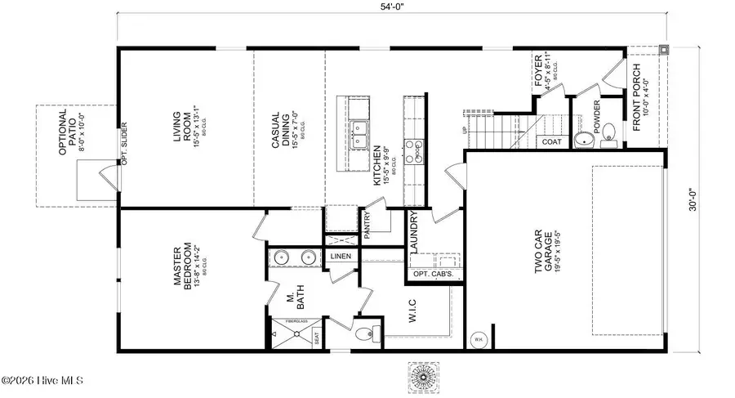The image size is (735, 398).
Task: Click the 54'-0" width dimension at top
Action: pyautogui.click(x=390, y=7)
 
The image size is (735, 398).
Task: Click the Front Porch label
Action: pyautogui.click(x=640, y=99)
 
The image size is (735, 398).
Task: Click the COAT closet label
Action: pyautogui.click(x=553, y=142)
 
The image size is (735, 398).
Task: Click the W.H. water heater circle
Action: pyautogui.click(x=477, y=338)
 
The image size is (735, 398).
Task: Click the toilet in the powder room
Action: pyautogui.click(x=583, y=141)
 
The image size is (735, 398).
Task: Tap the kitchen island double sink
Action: pyautogui.click(x=359, y=136)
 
